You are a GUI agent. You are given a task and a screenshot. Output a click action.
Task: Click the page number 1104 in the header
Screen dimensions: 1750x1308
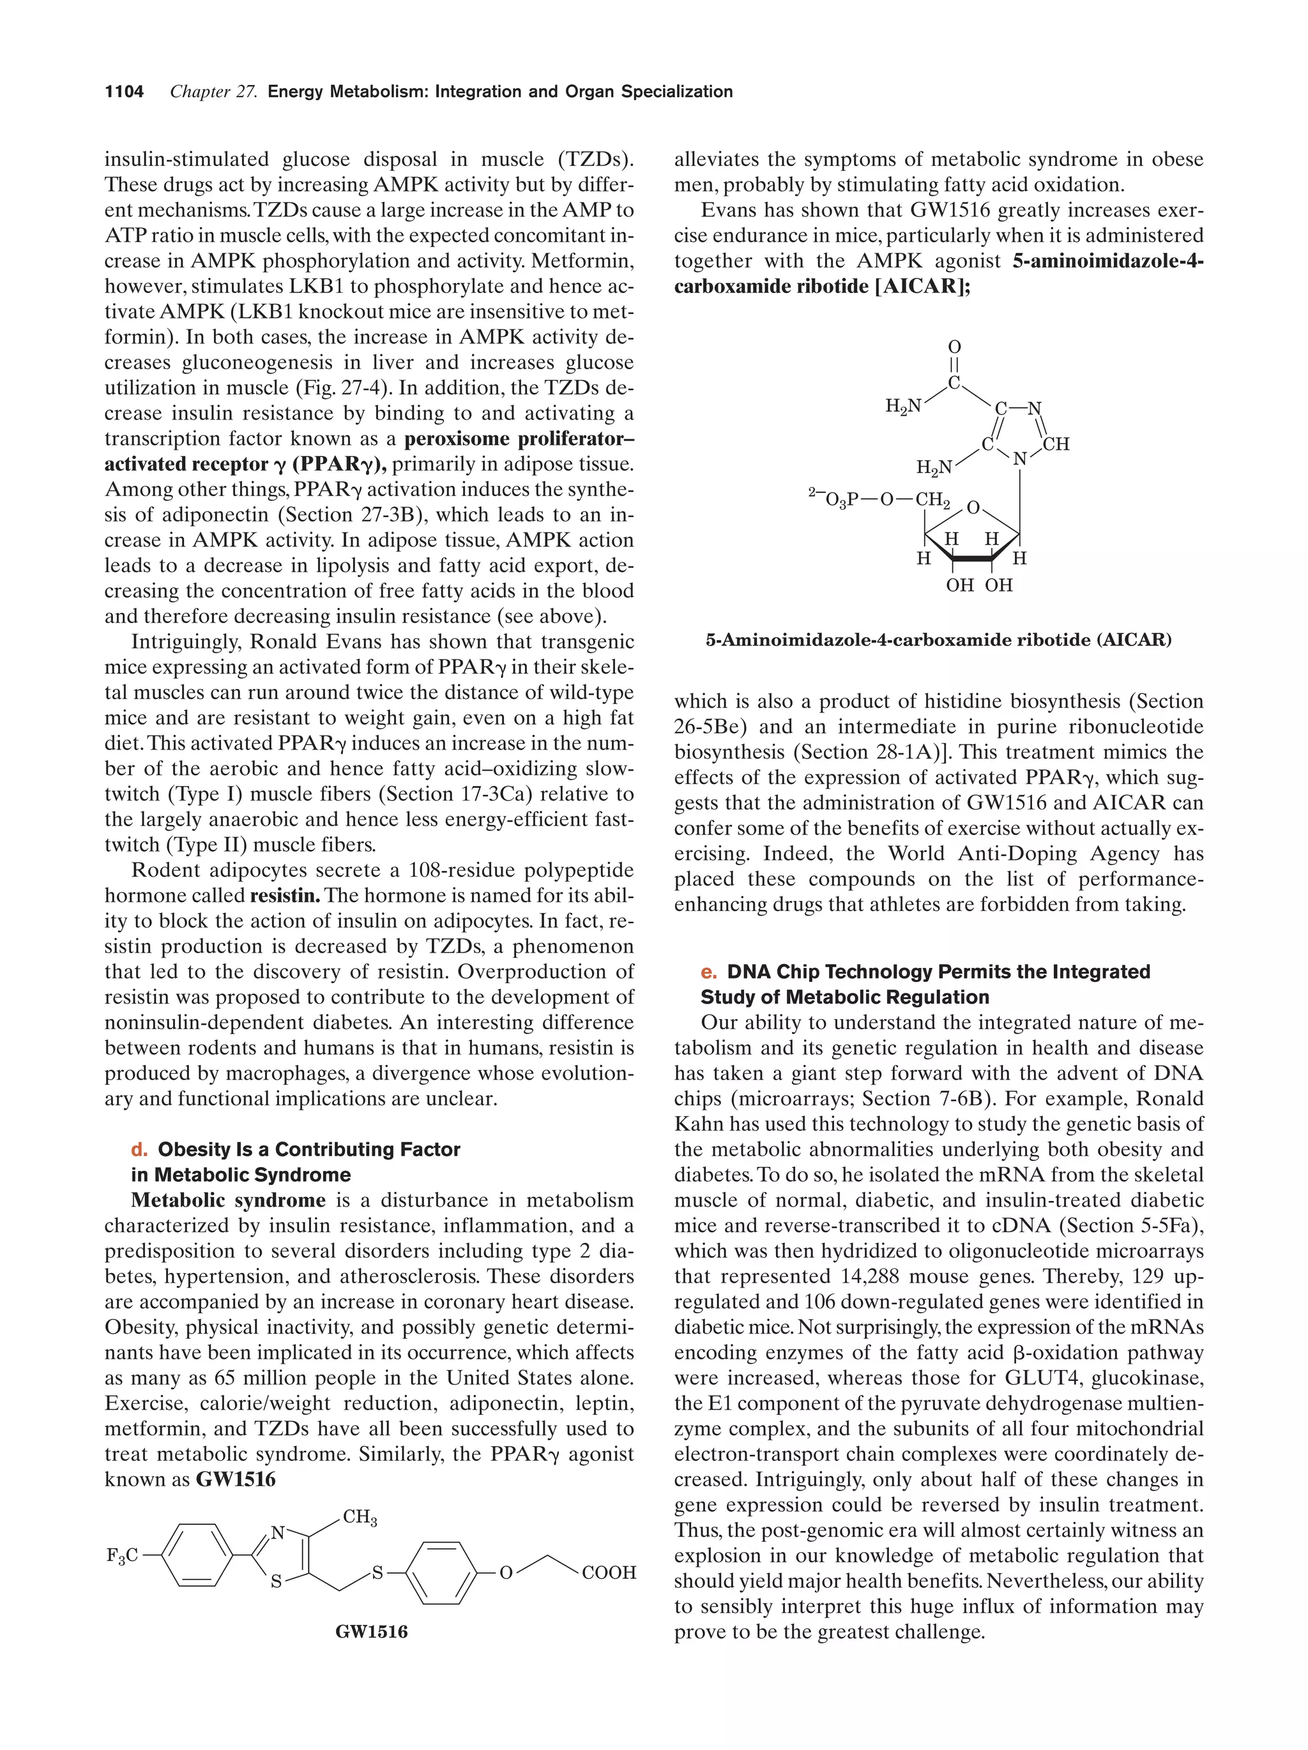[125, 92]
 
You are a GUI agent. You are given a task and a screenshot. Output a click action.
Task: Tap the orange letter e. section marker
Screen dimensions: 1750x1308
[708, 972]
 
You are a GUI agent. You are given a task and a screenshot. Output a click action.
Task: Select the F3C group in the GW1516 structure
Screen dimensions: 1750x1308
[123, 1555]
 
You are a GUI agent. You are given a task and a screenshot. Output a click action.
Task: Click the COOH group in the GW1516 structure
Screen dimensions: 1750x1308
[609, 1573]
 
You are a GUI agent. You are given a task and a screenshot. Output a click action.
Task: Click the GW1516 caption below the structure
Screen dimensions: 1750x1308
[371, 1631]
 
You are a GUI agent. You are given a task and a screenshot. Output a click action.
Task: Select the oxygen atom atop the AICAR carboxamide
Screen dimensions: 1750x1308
[954, 347]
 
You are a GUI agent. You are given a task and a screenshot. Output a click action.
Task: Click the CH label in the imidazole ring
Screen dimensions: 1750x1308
[1056, 444]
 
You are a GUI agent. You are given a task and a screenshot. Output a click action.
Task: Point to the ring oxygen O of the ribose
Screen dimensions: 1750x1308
[973, 507]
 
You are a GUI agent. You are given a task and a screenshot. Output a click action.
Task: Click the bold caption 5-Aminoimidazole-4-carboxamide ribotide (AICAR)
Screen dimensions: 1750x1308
[938, 640]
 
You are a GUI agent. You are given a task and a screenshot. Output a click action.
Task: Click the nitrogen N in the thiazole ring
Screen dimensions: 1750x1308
[278, 1533]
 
